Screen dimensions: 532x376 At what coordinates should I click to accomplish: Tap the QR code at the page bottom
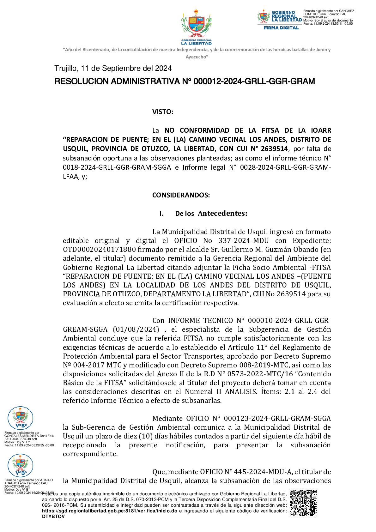tap(303, 503)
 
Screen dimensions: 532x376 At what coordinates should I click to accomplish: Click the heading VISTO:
tap(162, 112)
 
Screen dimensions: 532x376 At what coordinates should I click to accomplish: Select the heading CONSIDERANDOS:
tap(181, 195)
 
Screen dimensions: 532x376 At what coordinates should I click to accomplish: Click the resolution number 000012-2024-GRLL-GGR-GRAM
tap(254, 82)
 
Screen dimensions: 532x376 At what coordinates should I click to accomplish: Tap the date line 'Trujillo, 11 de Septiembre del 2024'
tap(113, 68)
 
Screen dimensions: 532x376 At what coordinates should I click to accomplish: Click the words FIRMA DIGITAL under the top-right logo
tap(281, 28)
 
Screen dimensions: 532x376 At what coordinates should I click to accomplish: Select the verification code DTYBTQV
tap(53, 517)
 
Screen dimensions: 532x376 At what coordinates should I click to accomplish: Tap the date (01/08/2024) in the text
tap(136, 329)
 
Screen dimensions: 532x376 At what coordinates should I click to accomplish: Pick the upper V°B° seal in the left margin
tap(20, 418)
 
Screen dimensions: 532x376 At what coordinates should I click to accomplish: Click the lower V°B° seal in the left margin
tap(20, 465)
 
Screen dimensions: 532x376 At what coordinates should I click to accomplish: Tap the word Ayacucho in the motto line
tap(197, 57)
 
